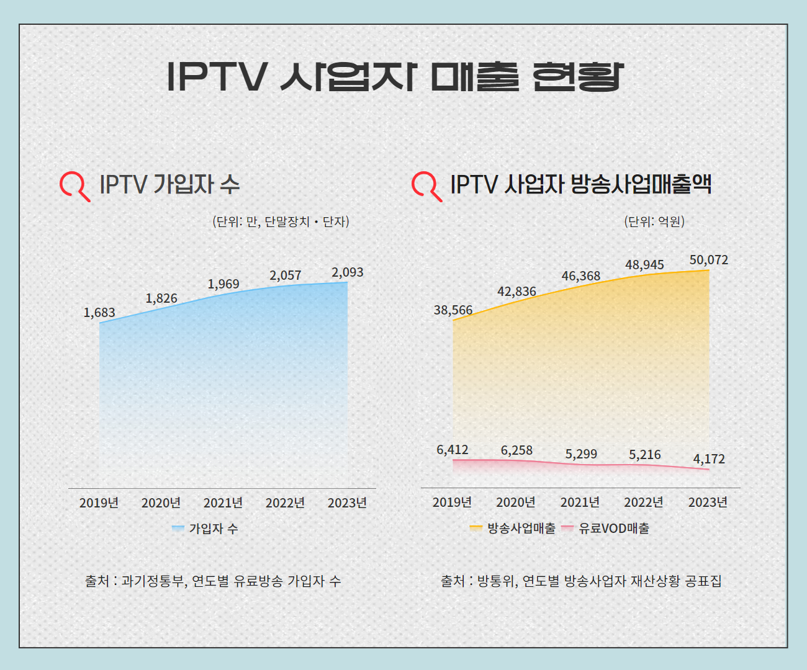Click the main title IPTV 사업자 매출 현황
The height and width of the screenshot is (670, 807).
pyautogui.click(x=395, y=77)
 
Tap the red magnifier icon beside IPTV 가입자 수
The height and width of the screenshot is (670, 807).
pyautogui.click(x=74, y=185)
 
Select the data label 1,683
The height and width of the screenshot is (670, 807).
pyautogui.click(x=99, y=313)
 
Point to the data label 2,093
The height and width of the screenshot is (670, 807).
pyautogui.click(x=348, y=272)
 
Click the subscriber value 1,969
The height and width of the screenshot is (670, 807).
pyautogui.click(x=223, y=284)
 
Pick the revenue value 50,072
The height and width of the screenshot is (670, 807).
pyautogui.click(x=709, y=260)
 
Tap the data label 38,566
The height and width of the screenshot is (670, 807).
pyautogui.click(x=453, y=310)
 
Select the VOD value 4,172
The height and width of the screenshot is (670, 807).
pyautogui.click(x=709, y=459)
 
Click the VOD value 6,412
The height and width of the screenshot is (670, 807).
pyautogui.click(x=453, y=450)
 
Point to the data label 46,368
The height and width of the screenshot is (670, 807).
pyautogui.click(x=581, y=276)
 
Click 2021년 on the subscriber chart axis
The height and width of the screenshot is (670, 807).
pyautogui.click(x=223, y=502)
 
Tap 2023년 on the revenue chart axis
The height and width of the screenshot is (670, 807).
pyautogui.click(x=708, y=502)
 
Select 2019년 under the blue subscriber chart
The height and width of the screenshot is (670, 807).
pyautogui.click(x=99, y=502)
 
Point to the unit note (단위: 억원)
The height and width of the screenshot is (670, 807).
pyautogui.click(x=654, y=221)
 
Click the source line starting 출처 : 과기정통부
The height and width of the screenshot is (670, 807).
pyautogui.click(x=213, y=581)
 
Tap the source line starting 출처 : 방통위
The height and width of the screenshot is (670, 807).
pyautogui.click(x=581, y=581)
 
